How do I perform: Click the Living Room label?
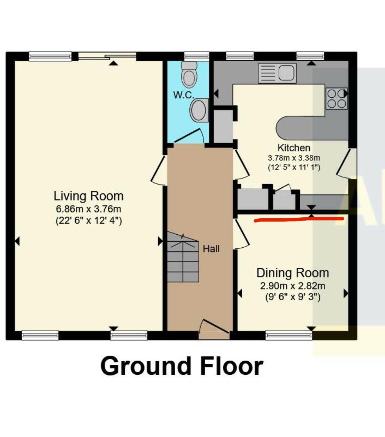pyautogui.click(x=89, y=196)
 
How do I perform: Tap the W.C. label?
pyautogui.click(x=184, y=95)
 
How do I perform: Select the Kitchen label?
pyautogui.click(x=294, y=148)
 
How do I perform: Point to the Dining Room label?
pyautogui.click(x=293, y=273)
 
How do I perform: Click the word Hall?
pyautogui.click(x=211, y=249)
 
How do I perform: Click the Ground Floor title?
pyautogui.click(x=182, y=366)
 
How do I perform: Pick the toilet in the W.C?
pyautogui.click(x=189, y=74)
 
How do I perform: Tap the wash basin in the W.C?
pyautogui.click(x=199, y=110)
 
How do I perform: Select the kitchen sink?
pyautogui.click(x=277, y=73)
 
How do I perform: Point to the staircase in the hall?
pyautogui.click(x=183, y=257)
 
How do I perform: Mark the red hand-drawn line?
pyautogui.click(x=299, y=220)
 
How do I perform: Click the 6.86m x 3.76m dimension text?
pyautogui.click(x=89, y=209)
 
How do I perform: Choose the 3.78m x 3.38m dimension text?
pyautogui.click(x=294, y=158)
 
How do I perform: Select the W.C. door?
pyautogui.click(x=189, y=136)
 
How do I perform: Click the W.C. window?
pyautogui.click(x=197, y=56)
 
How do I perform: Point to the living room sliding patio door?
pyautogui.click(x=107, y=56)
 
